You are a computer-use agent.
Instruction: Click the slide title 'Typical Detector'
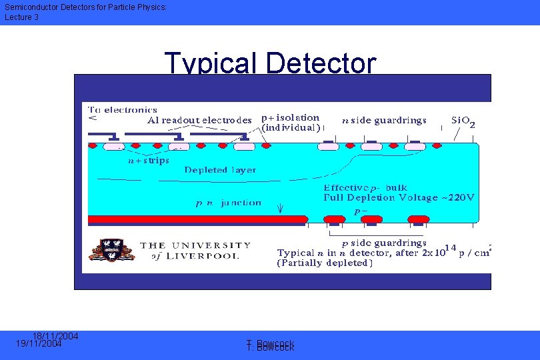tap(270, 63)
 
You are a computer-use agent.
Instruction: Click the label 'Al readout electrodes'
tap(199, 121)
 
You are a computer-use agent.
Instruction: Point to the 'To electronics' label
tap(123, 110)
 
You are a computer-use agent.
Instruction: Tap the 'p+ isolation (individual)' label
tap(291, 122)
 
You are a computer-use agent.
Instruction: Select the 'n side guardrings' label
tap(384, 121)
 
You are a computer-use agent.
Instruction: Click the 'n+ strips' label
tap(149, 160)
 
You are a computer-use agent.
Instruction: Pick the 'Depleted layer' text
tap(220, 170)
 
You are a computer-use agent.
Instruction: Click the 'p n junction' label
tap(228, 203)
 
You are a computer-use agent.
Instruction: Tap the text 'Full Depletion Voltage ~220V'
tap(399, 197)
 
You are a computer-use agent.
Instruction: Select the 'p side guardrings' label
tap(383, 243)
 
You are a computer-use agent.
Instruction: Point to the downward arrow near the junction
tap(280, 207)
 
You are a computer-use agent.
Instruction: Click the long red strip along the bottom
tap(197, 219)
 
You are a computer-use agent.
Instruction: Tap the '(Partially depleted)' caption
tap(325, 263)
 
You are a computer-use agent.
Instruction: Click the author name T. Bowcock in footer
tap(270, 345)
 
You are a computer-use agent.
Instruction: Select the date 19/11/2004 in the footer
tap(39, 344)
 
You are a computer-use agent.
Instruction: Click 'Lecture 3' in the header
tap(21, 17)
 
